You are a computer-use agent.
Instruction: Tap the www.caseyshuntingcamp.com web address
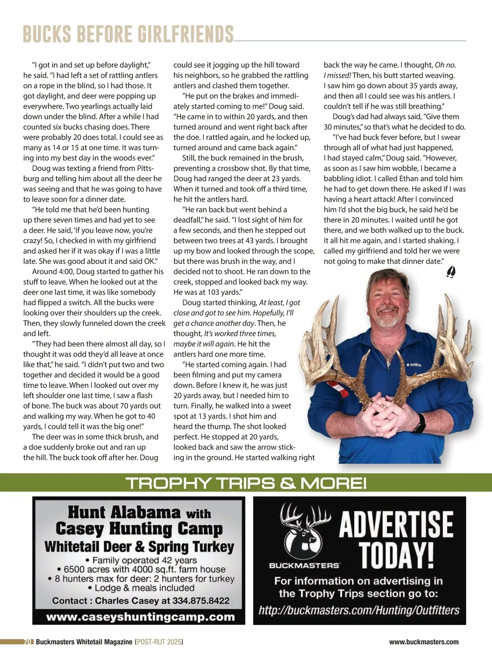pyautogui.click(x=141, y=617)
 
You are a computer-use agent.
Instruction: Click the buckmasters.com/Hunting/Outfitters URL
pyautogui.click(x=359, y=610)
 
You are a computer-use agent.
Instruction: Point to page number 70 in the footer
pyautogui.click(x=28, y=642)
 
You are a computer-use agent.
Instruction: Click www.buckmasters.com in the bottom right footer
pyautogui.click(x=424, y=642)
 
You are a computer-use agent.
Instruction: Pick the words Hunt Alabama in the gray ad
pyautogui.click(x=124, y=512)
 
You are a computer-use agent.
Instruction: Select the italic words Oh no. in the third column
pyautogui.click(x=445, y=65)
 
